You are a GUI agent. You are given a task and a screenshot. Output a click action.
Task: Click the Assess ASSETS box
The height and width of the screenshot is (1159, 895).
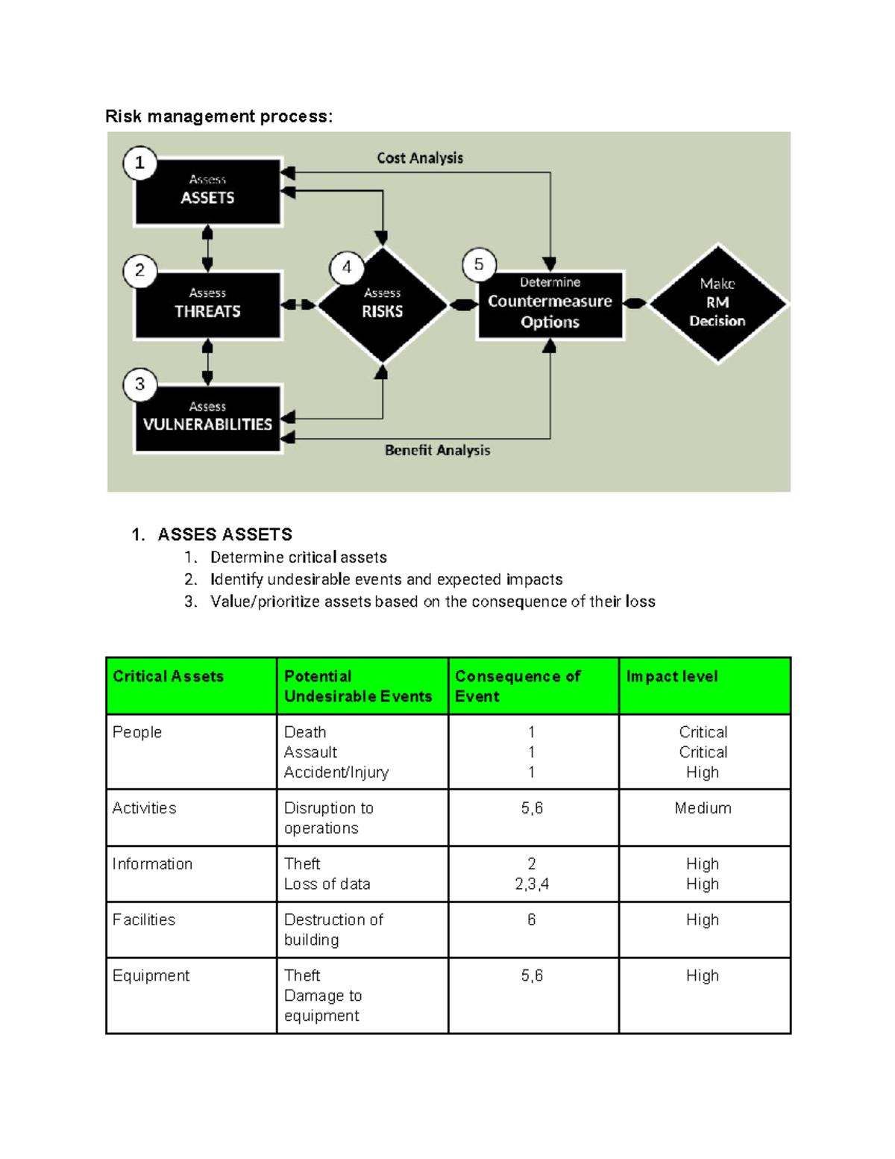click(207, 191)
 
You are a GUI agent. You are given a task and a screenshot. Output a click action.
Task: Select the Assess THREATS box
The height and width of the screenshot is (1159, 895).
click(207, 305)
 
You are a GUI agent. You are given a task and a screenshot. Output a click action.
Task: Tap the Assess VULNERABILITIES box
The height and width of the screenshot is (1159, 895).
click(207, 418)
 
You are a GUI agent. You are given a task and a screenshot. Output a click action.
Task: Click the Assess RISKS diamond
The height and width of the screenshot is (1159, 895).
click(383, 304)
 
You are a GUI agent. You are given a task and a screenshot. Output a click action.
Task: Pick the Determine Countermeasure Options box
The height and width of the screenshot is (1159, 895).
click(550, 304)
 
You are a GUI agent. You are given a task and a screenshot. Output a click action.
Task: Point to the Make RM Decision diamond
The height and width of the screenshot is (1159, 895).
click(717, 304)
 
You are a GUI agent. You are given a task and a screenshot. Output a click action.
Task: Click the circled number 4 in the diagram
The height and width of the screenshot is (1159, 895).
click(347, 267)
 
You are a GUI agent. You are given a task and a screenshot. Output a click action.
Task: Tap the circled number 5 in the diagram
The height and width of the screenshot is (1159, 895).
click(479, 264)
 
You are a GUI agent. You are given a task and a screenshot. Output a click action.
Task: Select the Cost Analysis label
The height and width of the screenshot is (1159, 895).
click(420, 158)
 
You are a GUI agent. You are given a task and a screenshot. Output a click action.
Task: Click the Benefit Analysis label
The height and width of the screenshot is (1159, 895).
click(438, 450)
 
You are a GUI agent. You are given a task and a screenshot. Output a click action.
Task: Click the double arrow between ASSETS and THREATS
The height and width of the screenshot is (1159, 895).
click(207, 249)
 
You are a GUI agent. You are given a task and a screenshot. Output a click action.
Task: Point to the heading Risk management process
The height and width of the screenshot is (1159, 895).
click(219, 116)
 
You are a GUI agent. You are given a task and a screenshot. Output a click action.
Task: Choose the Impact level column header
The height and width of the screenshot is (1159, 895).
click(672, 676)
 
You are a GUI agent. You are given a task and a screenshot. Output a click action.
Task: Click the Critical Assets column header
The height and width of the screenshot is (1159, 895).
click(168, 676)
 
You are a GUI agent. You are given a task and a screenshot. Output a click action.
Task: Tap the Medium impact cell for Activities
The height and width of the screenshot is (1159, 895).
click(703, 808)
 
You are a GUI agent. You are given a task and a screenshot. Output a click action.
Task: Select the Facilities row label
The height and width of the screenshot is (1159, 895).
click(144, 919)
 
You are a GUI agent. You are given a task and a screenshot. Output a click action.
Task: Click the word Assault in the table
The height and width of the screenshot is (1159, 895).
click(310, 752)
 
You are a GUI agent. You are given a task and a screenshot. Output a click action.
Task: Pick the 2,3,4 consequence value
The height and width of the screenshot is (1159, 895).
click(532, 884)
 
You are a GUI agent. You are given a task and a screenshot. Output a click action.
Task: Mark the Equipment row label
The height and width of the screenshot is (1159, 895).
click(151, 975)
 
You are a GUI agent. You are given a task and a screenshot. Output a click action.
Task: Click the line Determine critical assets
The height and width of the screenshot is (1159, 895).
click(298, 557)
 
